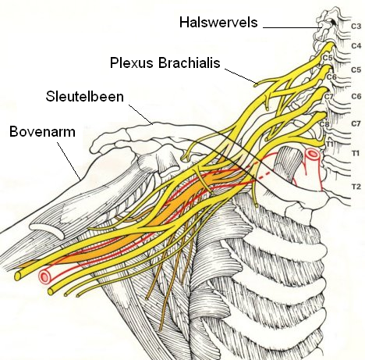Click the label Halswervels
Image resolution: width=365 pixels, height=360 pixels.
218,22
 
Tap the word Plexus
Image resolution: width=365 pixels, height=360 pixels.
132,62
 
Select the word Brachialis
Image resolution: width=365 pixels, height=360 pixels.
190,62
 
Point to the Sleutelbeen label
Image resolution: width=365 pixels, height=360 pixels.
85,97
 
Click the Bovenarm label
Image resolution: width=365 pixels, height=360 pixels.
42,132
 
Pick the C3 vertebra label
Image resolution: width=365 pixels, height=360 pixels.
356,27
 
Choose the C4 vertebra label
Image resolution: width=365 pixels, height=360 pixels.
356,46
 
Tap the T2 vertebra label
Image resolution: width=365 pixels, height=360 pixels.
356,187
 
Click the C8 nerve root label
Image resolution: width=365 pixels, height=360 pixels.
324,124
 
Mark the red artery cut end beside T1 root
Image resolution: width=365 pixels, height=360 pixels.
313,154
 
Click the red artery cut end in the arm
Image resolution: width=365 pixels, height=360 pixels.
44,276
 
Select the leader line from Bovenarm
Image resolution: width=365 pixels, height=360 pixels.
69,161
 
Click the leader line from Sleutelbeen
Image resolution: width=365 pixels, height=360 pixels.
140,115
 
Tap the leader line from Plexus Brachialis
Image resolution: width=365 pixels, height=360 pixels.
240,77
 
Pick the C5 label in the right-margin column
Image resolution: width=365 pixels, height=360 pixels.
356,70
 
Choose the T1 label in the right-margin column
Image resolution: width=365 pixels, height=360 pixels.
356,153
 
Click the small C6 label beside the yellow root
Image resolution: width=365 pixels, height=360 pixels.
331,77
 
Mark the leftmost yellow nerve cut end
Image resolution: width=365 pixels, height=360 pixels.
18,276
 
